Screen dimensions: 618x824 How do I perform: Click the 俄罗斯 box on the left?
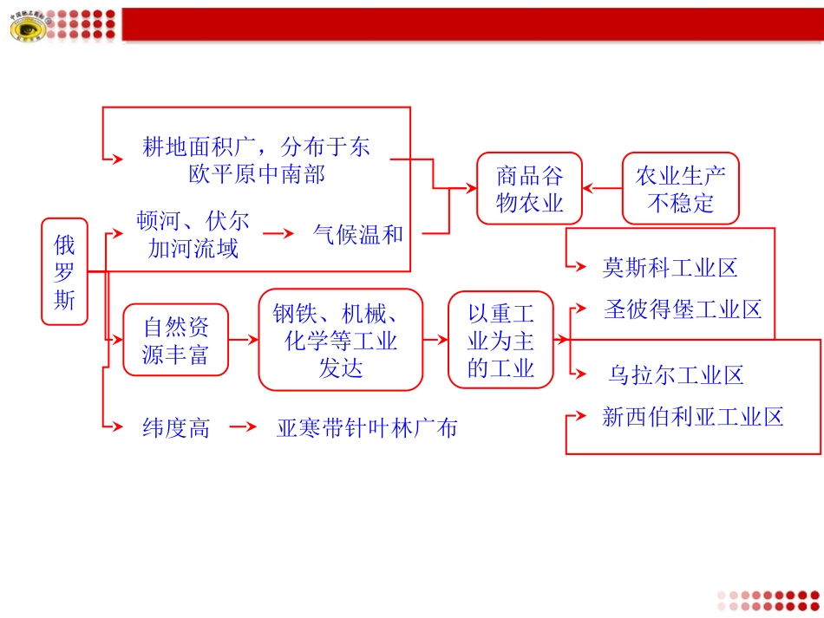(x=65, y=271)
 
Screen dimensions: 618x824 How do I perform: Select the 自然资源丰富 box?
(x=175, y=340)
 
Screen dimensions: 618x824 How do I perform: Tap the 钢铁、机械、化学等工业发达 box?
(x=340, y=340)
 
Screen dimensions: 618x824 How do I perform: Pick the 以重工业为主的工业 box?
(x=500, y=339)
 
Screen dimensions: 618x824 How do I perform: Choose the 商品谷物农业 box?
(x=529, y=189)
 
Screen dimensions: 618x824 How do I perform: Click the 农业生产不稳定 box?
(x=681, y=189)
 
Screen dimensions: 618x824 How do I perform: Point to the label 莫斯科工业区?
(x=670, y=268)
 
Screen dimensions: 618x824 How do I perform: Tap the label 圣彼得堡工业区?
(x=683, y=309)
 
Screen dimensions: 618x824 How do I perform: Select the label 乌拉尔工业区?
(x=676, y=375)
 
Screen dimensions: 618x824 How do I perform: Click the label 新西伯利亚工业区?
(x=693, y=417)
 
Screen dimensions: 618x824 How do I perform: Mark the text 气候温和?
(x=358, y=234)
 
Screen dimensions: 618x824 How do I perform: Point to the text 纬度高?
(x=176, y=427)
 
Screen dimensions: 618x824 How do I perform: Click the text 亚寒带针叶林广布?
(x=367, y=427)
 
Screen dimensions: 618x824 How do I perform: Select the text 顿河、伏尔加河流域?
(x=193, y=235)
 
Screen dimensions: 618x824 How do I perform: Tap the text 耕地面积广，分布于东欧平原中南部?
(x=257, y=159)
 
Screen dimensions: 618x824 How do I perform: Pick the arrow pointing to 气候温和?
(x=279, y=234)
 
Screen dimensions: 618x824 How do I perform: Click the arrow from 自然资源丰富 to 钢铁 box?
(x=244, y=340)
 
